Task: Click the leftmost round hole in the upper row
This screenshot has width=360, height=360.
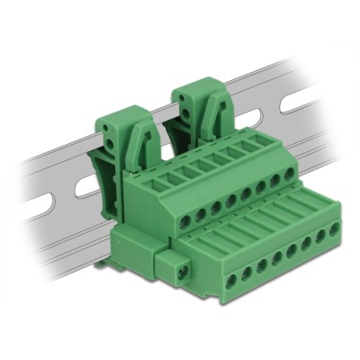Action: [173, 220]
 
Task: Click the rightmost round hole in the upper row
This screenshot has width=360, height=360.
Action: [289, 174]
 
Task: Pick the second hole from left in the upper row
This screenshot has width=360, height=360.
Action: [191, 212]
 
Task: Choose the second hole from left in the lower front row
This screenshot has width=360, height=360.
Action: [247, 273]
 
